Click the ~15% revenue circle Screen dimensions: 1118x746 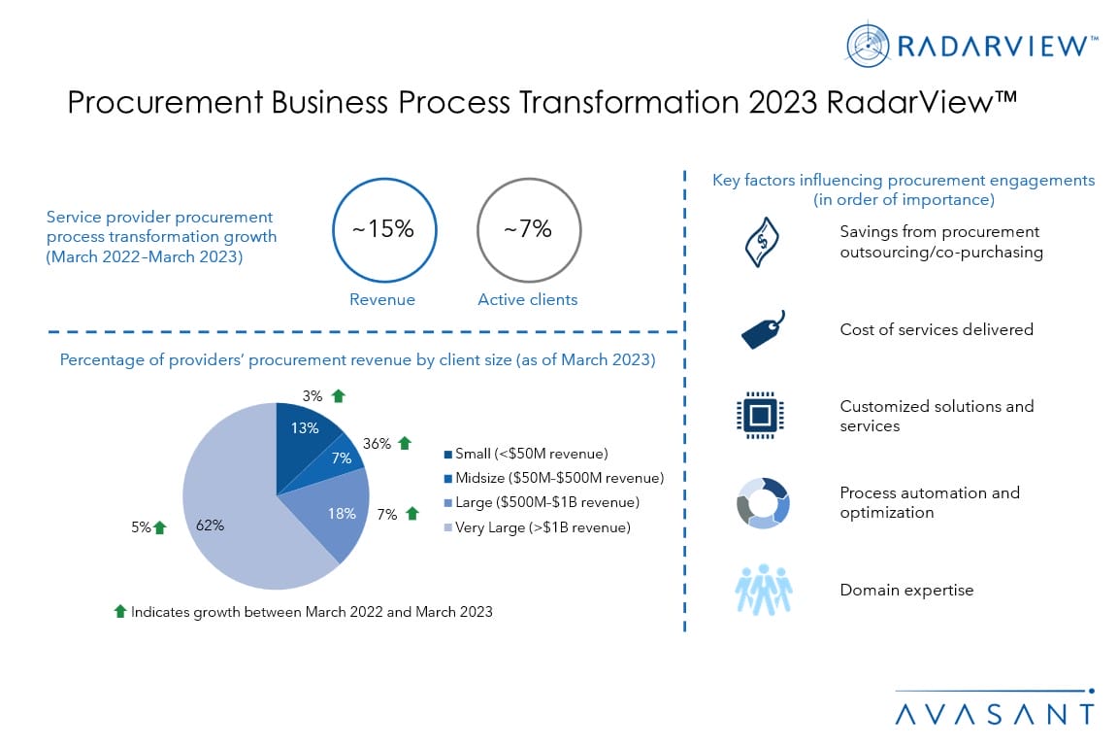[x=384, y=179]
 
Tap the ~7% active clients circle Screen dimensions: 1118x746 [x=529, y=179]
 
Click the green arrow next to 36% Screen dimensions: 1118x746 [x=405, y=443]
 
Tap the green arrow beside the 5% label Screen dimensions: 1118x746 [x=160, y=527]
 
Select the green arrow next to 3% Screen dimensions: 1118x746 [x=339, y=396]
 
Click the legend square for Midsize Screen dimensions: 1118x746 [x=447, y=478]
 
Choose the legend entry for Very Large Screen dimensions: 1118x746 [x=538, y=527]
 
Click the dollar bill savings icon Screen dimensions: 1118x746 [x=762, y=242]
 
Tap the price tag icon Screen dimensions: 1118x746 [x=762, y=330]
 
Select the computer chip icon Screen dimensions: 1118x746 [x=760, y=415]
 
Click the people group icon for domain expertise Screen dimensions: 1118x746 [x=764, y=590]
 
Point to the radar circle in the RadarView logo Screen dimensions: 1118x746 [x=868, y=46]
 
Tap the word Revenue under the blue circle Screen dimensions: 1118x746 [x=382, y=300]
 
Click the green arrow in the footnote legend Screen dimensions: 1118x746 [x=120, y=611]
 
